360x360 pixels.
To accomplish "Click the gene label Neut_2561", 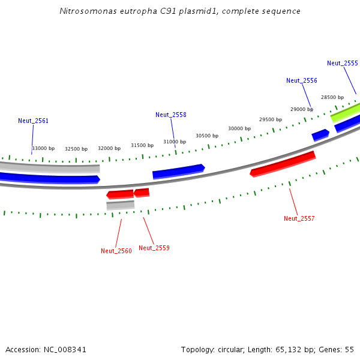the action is (x=33, y=121).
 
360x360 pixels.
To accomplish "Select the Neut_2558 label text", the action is (x=171, y=115).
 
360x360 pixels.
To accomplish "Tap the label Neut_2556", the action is (x=302, y=80).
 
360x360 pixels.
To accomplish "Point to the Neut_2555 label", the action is (x=343, y=63).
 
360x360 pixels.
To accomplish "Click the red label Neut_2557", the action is (x=299, y=218).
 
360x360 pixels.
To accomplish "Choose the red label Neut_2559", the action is (x=154, y=248).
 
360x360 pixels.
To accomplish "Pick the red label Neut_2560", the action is (x=116, y=251).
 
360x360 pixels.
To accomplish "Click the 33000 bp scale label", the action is (x=43, y=148).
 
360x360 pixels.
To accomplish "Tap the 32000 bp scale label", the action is (x=109, y=148).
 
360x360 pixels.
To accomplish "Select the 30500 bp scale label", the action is (x=207, y=136).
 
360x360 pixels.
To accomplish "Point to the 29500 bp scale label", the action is (x=271, y=119).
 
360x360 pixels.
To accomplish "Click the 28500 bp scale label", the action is (x=332, y=97).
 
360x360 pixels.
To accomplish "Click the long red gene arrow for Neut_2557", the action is (x=283, y=164).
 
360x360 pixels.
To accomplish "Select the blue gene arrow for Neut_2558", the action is (x=179, y=171).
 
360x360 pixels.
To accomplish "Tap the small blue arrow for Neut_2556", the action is (x=320, y=135).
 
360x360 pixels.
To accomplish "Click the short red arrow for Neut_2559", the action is (x=142, y=193).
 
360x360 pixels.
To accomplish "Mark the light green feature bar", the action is (x=346, y=113).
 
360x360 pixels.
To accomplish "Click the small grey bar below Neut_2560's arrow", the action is (x=121, y=205).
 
